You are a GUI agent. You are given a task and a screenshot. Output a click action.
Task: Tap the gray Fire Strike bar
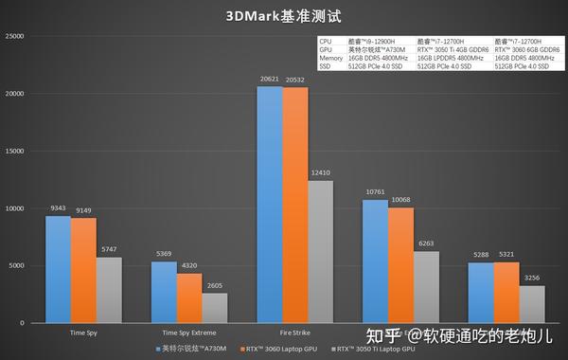point(321,251)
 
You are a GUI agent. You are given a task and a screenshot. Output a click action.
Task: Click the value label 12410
point(321,173)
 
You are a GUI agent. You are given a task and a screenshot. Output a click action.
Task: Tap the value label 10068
point(400,200)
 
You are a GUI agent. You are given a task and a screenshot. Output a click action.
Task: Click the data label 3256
point(531,279)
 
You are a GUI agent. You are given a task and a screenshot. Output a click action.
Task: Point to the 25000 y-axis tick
point(16,36)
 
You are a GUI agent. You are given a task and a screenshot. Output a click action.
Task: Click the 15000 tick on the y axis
point(16,151)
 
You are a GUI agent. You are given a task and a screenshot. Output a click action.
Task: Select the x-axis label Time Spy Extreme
point(189,333)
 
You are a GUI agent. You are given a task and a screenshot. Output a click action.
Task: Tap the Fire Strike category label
point(295,333)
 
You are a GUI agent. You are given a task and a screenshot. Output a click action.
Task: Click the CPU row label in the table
point(327,42)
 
